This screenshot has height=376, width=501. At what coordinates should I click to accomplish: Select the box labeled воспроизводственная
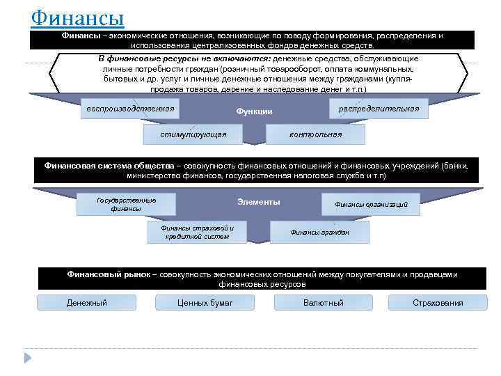129,109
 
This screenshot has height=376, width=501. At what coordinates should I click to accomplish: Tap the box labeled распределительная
379,109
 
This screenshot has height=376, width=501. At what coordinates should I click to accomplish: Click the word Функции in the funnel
254,111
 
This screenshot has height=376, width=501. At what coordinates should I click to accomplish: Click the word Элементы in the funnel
258,202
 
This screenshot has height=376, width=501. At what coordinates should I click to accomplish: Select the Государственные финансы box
126,204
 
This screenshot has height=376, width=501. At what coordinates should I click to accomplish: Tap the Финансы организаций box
371,205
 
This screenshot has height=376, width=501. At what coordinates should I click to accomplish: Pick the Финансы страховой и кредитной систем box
198,232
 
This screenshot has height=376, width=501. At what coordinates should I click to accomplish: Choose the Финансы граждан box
319,232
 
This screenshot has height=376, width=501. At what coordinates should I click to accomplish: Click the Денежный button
86,303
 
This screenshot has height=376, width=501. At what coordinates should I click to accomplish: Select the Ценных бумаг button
205,303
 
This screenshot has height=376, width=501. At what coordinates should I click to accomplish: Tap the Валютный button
324,303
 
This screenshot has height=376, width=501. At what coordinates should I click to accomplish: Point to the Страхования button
438,303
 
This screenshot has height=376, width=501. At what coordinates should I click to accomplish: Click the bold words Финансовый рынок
108,274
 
